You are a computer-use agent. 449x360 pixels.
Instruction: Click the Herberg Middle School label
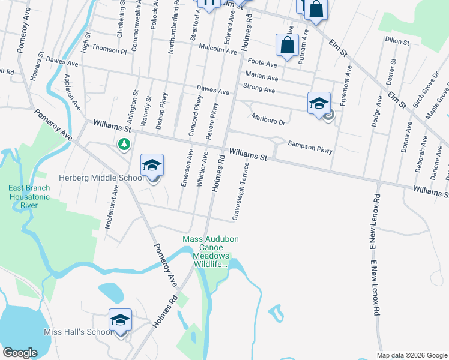[x=101, y=178]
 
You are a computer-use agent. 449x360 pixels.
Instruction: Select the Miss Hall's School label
[x=78, y=332]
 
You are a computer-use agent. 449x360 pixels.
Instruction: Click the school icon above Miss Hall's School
[x=120, y=320]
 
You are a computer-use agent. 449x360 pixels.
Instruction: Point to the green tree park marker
[x=124, y=144]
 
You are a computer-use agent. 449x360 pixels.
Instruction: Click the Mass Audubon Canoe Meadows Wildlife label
[x=211, y=251]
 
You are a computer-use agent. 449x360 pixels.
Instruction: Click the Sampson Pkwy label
[x=310, y=144]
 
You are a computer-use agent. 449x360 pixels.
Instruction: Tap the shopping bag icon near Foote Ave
[x=288, y=44]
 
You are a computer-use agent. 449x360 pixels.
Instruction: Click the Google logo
[x=20, y=353]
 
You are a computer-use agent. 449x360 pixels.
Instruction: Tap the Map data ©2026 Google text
[x=411, y=355]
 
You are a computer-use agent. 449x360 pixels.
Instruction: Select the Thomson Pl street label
[x=109, y=52]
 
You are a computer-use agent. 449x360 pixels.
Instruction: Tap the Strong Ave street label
[x=259, y=89]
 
